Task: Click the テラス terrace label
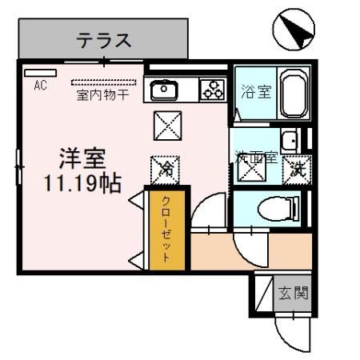[x=104, y=41]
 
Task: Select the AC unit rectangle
[x=40, y=73]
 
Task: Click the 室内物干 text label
[x=102, y=95]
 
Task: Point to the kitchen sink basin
[x=164, y=90]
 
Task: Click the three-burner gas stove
[x=213, y=90]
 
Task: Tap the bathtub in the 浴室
[x=294, y=93]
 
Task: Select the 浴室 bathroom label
[x=256, y=91]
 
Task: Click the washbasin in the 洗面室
[x=289, y=140]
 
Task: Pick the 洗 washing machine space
[x=297, y=170]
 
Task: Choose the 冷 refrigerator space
[x=165, y=170]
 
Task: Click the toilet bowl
[x=278, y=209]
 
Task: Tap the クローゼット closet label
[x=166, y=229]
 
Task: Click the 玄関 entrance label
[x=293, y=293]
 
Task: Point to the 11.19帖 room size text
[x=82, y=183]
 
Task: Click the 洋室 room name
[x=82, y=158]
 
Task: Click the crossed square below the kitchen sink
[x=168, y=126]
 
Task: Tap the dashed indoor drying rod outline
[x=104, y=82]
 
